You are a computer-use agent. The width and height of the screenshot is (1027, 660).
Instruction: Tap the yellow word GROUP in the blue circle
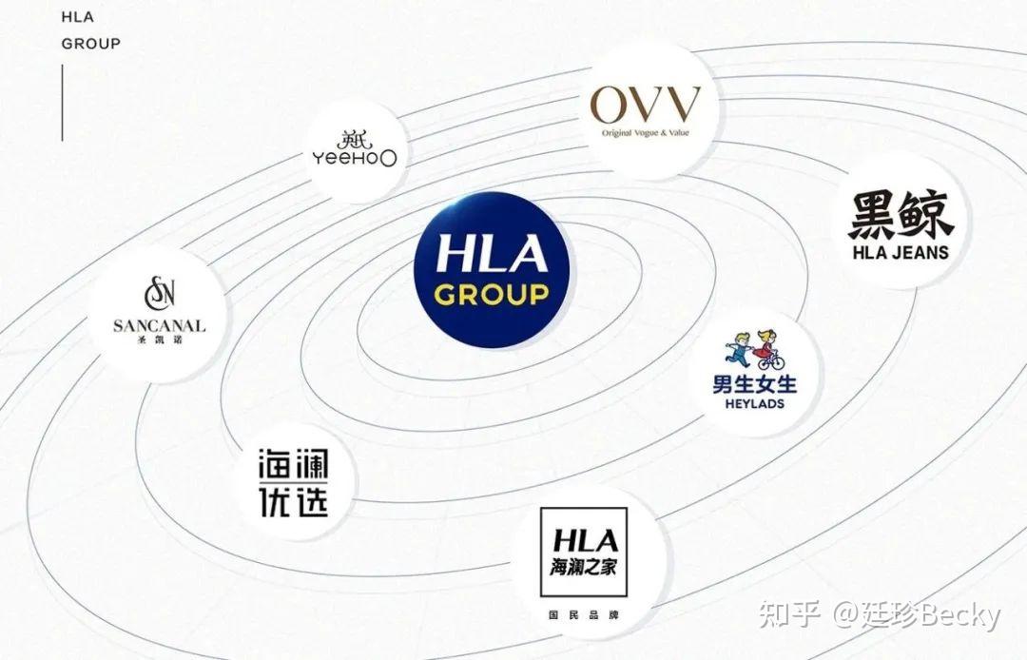[491, 294]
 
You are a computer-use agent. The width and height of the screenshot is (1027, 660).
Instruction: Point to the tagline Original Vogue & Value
[645, 133]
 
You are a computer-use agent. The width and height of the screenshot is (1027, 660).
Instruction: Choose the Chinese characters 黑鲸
[900, 216]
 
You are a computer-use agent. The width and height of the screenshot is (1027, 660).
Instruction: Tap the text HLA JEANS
[900, 253]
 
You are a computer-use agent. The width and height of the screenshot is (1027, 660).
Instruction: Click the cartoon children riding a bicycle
[753, 350]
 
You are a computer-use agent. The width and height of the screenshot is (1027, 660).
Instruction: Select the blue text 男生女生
[755, 385]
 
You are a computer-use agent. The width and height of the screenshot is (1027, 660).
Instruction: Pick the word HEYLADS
[755, 405]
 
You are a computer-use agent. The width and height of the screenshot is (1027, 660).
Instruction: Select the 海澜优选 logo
[294, 482]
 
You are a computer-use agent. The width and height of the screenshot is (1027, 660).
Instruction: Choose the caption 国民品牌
[578, 615]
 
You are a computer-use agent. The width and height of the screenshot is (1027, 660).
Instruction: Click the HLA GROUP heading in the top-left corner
[90, 30]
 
